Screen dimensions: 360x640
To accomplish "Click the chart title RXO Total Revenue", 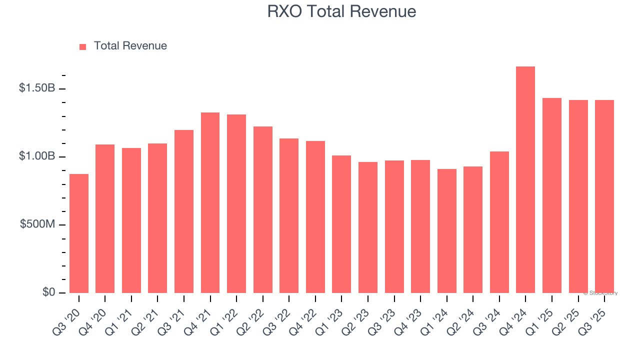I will pyautogui.click(x=341, y=11).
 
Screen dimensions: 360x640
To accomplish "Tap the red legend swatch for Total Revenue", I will pyautogui.click(x=82, y=46).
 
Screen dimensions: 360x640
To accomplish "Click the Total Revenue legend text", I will pyautogui.click(x=130, y=46).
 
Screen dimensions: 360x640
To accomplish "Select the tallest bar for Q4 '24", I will pyautogui.click(x=525, y=180).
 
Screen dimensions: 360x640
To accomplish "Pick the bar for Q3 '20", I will pyautogui.click(x=79, y=233).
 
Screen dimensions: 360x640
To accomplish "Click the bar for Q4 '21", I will pyautogui.click(x=210, y=202).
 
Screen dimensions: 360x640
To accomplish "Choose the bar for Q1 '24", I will pyautogui.click(x=446, y=231).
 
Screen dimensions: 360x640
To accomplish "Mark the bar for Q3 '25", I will pyautogui.click(x=604, y=196).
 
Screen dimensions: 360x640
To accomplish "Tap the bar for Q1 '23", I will pyautogui.click(x=341, y=224).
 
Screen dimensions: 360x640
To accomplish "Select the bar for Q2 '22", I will pyautogui.click(x=263, y=209).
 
